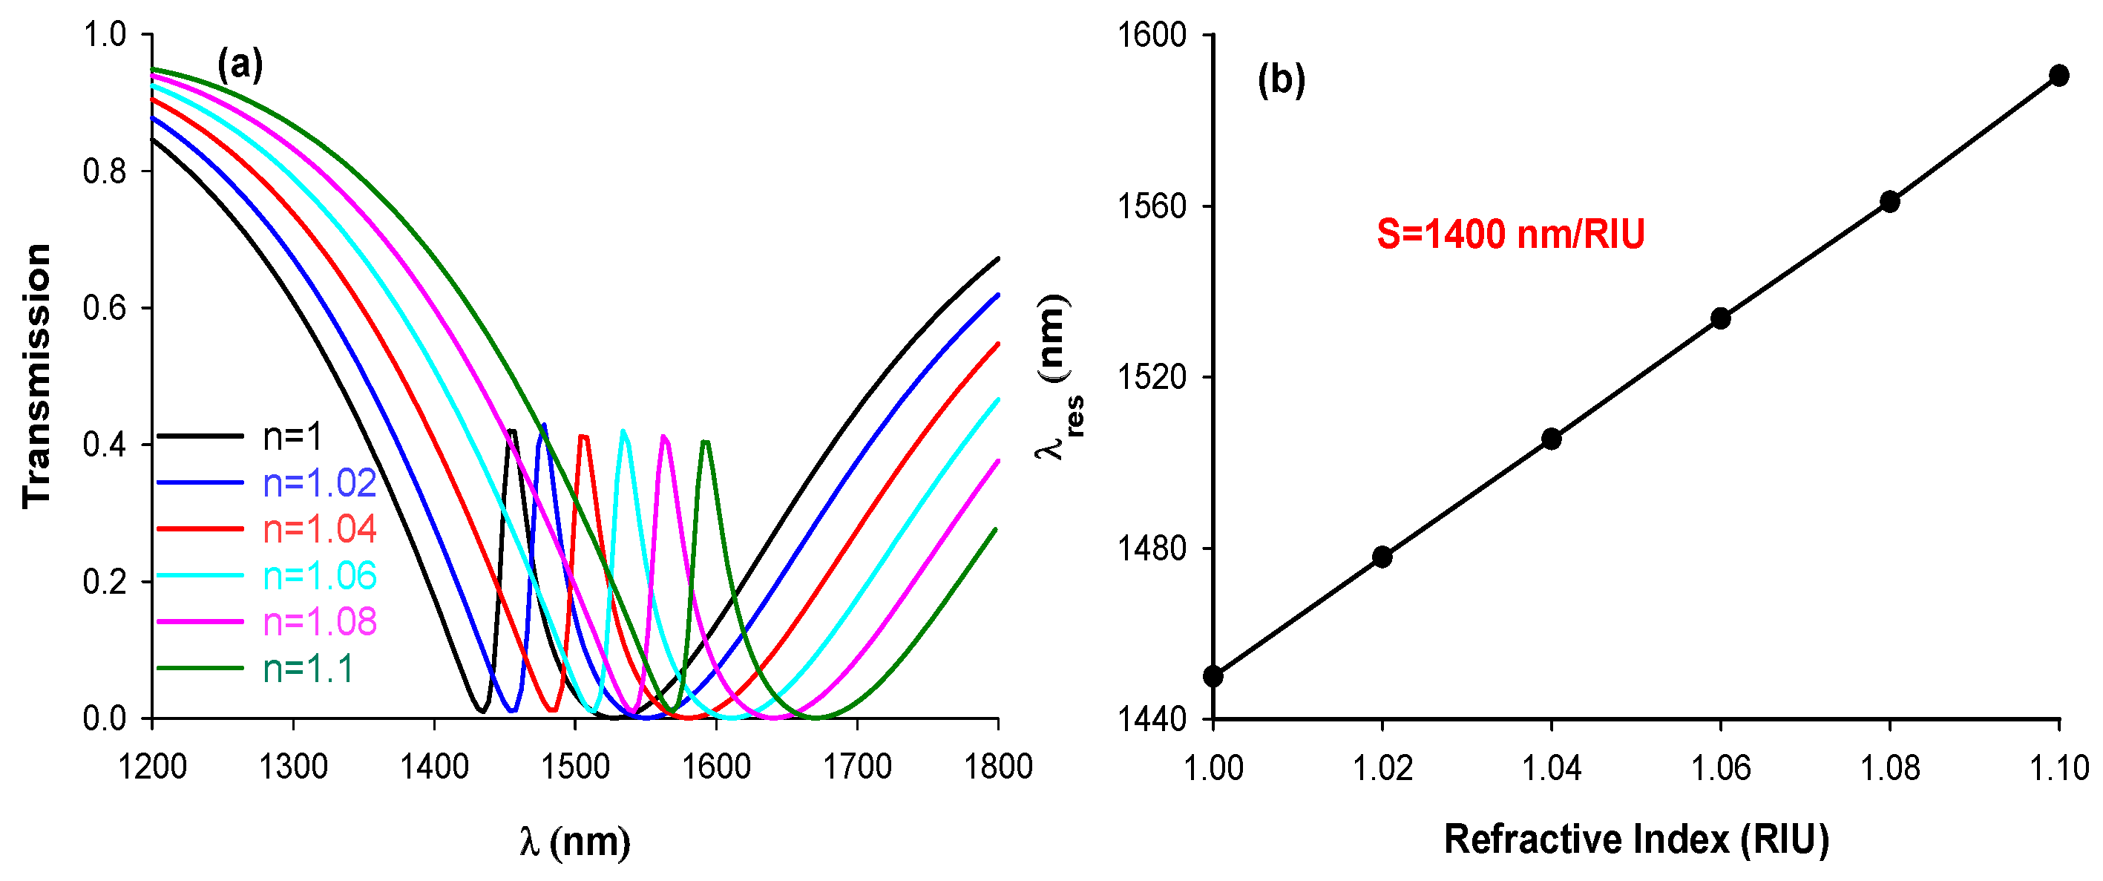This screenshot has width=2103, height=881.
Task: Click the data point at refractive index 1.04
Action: point(1551,439)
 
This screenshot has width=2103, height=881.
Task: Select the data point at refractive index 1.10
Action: point(2059,76)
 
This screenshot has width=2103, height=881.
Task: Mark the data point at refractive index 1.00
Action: point(1213,676)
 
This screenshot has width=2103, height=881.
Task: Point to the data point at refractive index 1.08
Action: point(1890,202)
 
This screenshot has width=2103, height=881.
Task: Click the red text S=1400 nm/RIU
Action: point(1510,235)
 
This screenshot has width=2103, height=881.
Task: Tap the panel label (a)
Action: point(240,65)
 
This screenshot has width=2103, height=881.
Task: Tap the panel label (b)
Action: point(1281,80)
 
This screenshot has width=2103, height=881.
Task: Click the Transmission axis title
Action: point(38,376)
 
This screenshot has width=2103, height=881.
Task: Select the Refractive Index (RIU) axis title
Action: point(1636,839)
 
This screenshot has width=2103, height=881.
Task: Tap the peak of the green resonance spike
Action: point(706,442)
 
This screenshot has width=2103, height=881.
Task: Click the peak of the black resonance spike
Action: point(511,430)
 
